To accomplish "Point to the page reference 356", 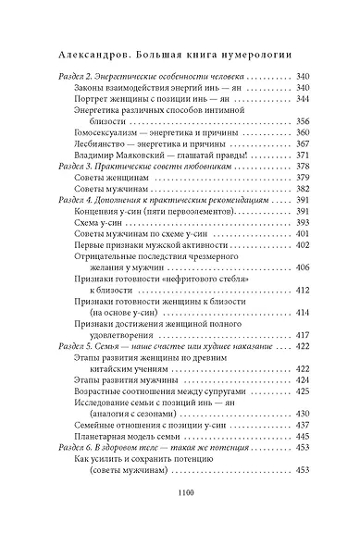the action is tap(303, 121).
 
